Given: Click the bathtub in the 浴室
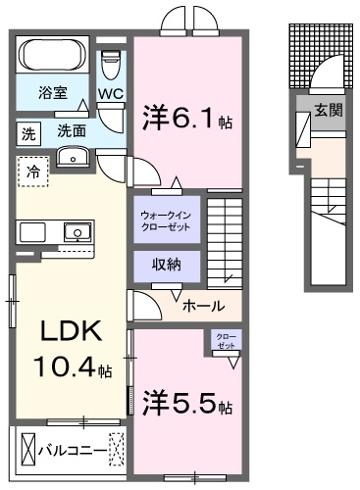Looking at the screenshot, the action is pyautogui.click(x=52, y=55).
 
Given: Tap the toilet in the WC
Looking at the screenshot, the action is pyautogui.click(x=111, y=65).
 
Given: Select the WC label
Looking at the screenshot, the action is pyautogui.click(x=111, y=94).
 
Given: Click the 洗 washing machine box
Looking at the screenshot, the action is pyautogui.click(x=28, y=133).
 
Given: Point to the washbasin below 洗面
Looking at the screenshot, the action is pyautogui.click(x=73, y=157).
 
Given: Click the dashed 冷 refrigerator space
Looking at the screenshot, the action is pyautogui.click(x=33, y=171).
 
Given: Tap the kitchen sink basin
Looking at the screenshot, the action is pyautogui.click(x=77, y=231).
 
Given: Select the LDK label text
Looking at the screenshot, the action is pyautogui.click(x=71, y=331).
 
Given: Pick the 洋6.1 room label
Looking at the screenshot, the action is pyautogui.click(x=187, y=119).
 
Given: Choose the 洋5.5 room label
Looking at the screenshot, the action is pyautogui.click(x=187, y=404).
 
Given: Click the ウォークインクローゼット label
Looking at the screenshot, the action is pyautogui.click(x=166, y=220).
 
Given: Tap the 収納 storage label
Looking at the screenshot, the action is pyautogui.click(x=167, y=265).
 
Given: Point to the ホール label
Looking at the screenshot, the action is pyautogui.click(x=204, y=306).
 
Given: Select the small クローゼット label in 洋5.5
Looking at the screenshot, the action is pyautogui.click(x=226, y=340).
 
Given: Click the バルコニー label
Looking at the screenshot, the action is pyautogui.click(x=73, y=451).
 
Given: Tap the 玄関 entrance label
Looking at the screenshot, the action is pyautogui.click(x=329, y=111).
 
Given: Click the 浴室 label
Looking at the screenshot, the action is pyautogui.click(x=53, y=92).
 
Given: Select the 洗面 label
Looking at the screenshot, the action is pyautogui.click(x=72, y=131).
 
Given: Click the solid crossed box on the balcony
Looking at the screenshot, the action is pyautogui.click(x=28, y=449).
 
